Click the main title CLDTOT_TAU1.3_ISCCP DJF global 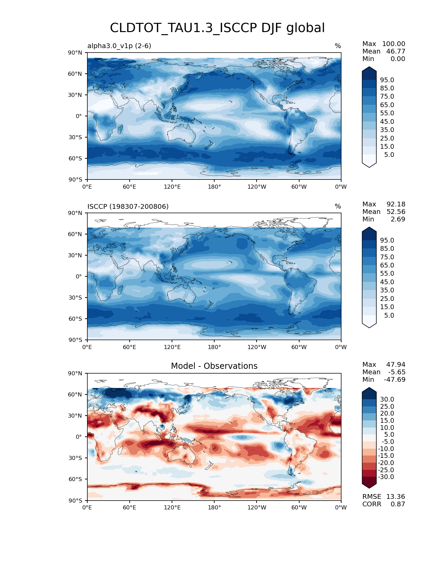point(217,28)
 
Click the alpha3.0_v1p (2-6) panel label point(119,46)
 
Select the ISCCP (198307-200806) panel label point(128,206)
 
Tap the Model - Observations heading point(214,366)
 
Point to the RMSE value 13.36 point(395,496)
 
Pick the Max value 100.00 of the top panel point(393,44)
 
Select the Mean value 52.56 point(396,212)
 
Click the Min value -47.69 point(394,379)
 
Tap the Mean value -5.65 point(397,372)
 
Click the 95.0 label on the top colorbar point(387,80)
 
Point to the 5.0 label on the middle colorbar point(389,315)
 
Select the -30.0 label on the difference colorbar point(386,477)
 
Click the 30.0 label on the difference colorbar point(387,399)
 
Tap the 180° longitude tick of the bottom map point(214,507)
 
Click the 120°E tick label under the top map point(172,187)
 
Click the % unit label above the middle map point(338,206)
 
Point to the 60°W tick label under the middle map point(299,347)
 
